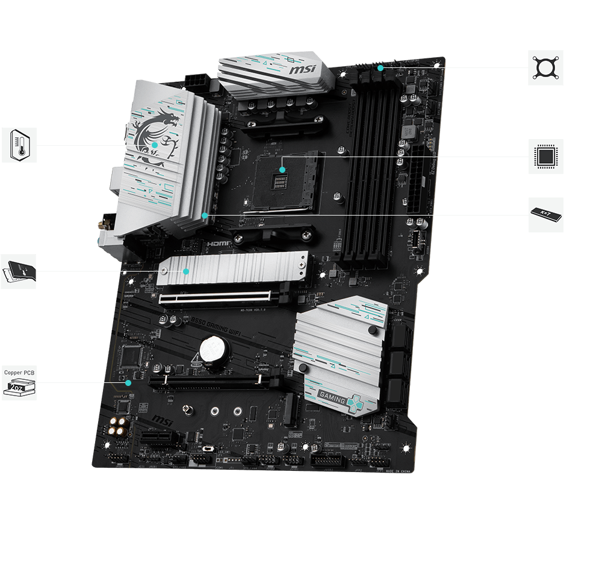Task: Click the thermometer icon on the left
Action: point(19,145)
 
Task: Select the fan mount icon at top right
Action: point(545,67)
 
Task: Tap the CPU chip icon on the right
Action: point(545,157)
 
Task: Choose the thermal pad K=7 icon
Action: point(545,214)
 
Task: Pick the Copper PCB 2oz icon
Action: point(19,382)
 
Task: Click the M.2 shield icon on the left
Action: point(18,271)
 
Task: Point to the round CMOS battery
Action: point(211,347)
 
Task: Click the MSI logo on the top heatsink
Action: point(302,70)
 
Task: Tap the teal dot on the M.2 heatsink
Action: point(186,272)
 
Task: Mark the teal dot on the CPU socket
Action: point(283,170)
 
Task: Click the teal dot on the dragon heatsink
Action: point(154,145)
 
